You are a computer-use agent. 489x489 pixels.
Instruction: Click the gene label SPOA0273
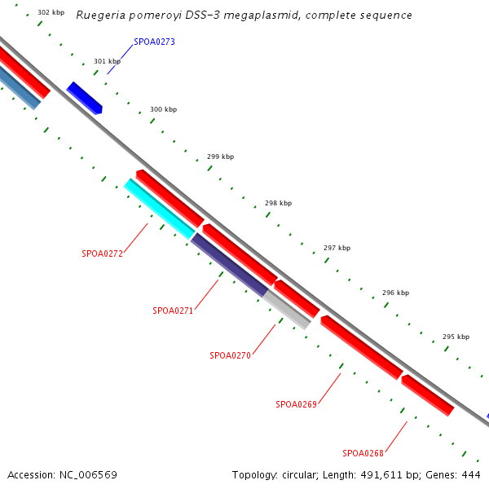click(x=154, y=42)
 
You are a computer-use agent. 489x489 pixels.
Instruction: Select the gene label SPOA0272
click(x=102, y=253)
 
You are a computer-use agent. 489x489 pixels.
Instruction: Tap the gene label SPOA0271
click(x=173, y=311)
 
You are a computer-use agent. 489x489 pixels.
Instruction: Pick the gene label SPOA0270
click(x=230, y=355)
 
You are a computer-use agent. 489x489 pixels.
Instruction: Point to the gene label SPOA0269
click(x=296, y=404)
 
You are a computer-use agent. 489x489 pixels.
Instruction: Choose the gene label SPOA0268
click(x=363, y=453)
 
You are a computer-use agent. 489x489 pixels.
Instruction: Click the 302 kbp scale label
click(x=51, y=13)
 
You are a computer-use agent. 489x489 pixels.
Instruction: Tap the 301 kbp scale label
click(x=107, y=61)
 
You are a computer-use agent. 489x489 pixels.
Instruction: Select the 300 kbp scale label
click(x=163, y=109)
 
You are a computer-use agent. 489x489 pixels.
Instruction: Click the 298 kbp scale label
click(x=278, y=203)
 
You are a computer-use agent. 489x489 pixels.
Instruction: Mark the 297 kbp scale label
click(x=337, y=248)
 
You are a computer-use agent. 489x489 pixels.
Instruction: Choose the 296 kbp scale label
click(x=395, y=293)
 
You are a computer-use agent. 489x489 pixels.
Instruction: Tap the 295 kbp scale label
click(x=456, y=337)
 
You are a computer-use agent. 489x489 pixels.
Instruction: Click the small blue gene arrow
click(x=84, y=98)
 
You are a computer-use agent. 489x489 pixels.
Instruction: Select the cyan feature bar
click(x=159, y=209)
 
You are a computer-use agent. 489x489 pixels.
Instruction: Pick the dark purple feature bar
click(x=229, y=265)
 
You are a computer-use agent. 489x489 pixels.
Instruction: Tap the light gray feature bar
click(x=286, y=310)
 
